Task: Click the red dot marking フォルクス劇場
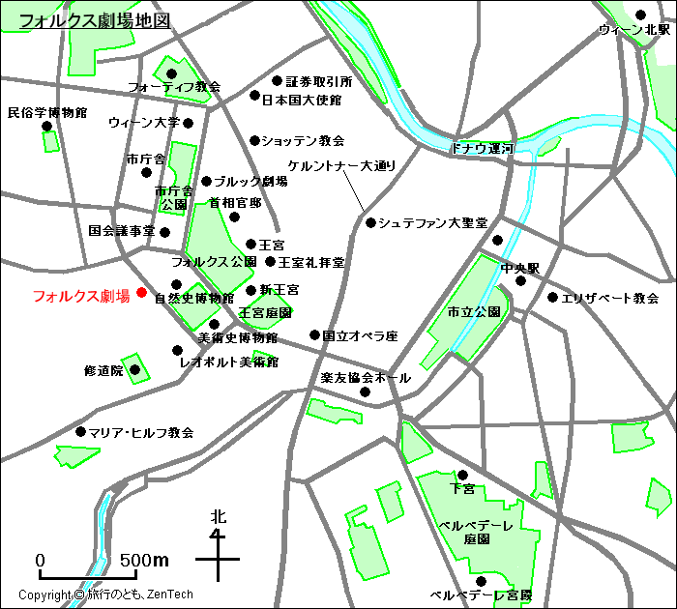(x=141, y=292)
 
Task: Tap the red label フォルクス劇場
(x=81, y=297)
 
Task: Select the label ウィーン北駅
(x=633, y=30)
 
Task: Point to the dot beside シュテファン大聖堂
(x=370, y=222)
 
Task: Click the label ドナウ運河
(x=482, y=149)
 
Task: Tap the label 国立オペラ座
(x=360, y=336)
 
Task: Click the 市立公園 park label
(x=473, y=312)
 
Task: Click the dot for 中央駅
(x=520, y=281)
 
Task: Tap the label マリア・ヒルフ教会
(x=141, y=432)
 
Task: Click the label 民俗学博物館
(x=46, y=112)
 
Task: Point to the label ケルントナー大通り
(x=341, y=165)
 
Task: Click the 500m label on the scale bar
(x=144, y=561)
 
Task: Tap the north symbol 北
(x=219, y=516)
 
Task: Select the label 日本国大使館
(x=302, y=100)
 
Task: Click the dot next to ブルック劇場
(x=206, y=181)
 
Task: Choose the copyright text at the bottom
(x=105, y=595)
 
